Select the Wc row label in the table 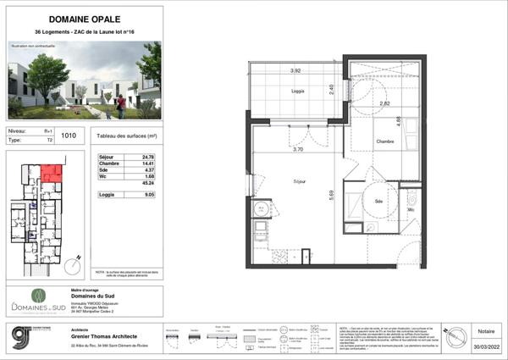point(102,177)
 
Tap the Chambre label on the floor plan point(387,141)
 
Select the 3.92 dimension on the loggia point(296,70)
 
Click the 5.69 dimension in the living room point(332,194)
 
